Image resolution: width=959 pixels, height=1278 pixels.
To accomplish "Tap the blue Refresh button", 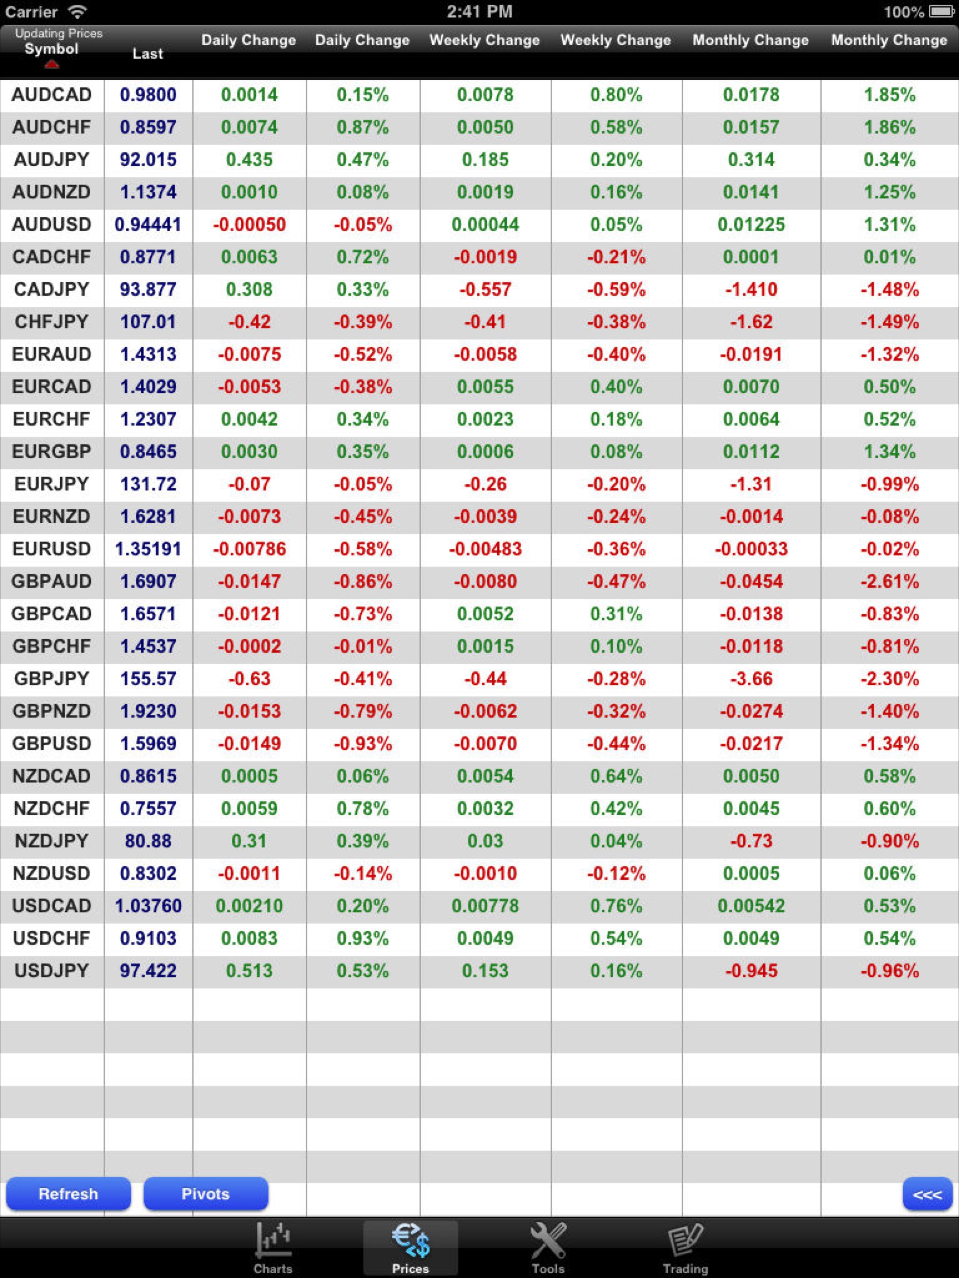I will click(x=68, y=1194).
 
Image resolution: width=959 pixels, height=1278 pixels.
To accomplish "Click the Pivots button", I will click(x=205, y=1194).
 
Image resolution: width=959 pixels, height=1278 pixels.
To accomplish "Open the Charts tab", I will click(x=273, y=1248).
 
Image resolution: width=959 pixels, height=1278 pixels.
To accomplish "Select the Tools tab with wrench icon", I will click(x=548, y=1248).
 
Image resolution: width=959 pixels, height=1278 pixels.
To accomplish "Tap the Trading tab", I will click(x=685, y=1248).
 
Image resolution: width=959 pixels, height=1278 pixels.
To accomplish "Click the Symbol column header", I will click(x=51, y=49).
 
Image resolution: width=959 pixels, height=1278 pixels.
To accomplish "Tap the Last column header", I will click(x=147, y=54).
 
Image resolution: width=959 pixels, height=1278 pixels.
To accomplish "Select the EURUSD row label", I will click(x=51, y=549).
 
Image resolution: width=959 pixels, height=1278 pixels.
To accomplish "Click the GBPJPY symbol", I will click(x=51, y=679).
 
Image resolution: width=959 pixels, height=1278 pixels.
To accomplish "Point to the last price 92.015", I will click(x=148, y=160).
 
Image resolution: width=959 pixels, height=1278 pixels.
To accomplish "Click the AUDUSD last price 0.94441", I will click(x=148, y=225).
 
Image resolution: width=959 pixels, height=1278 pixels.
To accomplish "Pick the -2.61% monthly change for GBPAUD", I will click(x=889, y=582).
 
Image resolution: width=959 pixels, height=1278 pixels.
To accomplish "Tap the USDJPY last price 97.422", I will click(x=148, y=971).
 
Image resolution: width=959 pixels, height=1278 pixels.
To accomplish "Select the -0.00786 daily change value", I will click(x=249, y=549).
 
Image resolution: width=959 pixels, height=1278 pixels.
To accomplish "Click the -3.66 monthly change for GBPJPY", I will click(x=750, y=679).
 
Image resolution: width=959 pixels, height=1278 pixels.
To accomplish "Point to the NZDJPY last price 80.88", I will click(x=148, y=841).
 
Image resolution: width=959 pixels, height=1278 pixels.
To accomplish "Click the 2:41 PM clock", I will click(x=479, y=12).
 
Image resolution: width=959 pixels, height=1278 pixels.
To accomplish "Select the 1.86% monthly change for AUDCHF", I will click(x=889, y=127).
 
